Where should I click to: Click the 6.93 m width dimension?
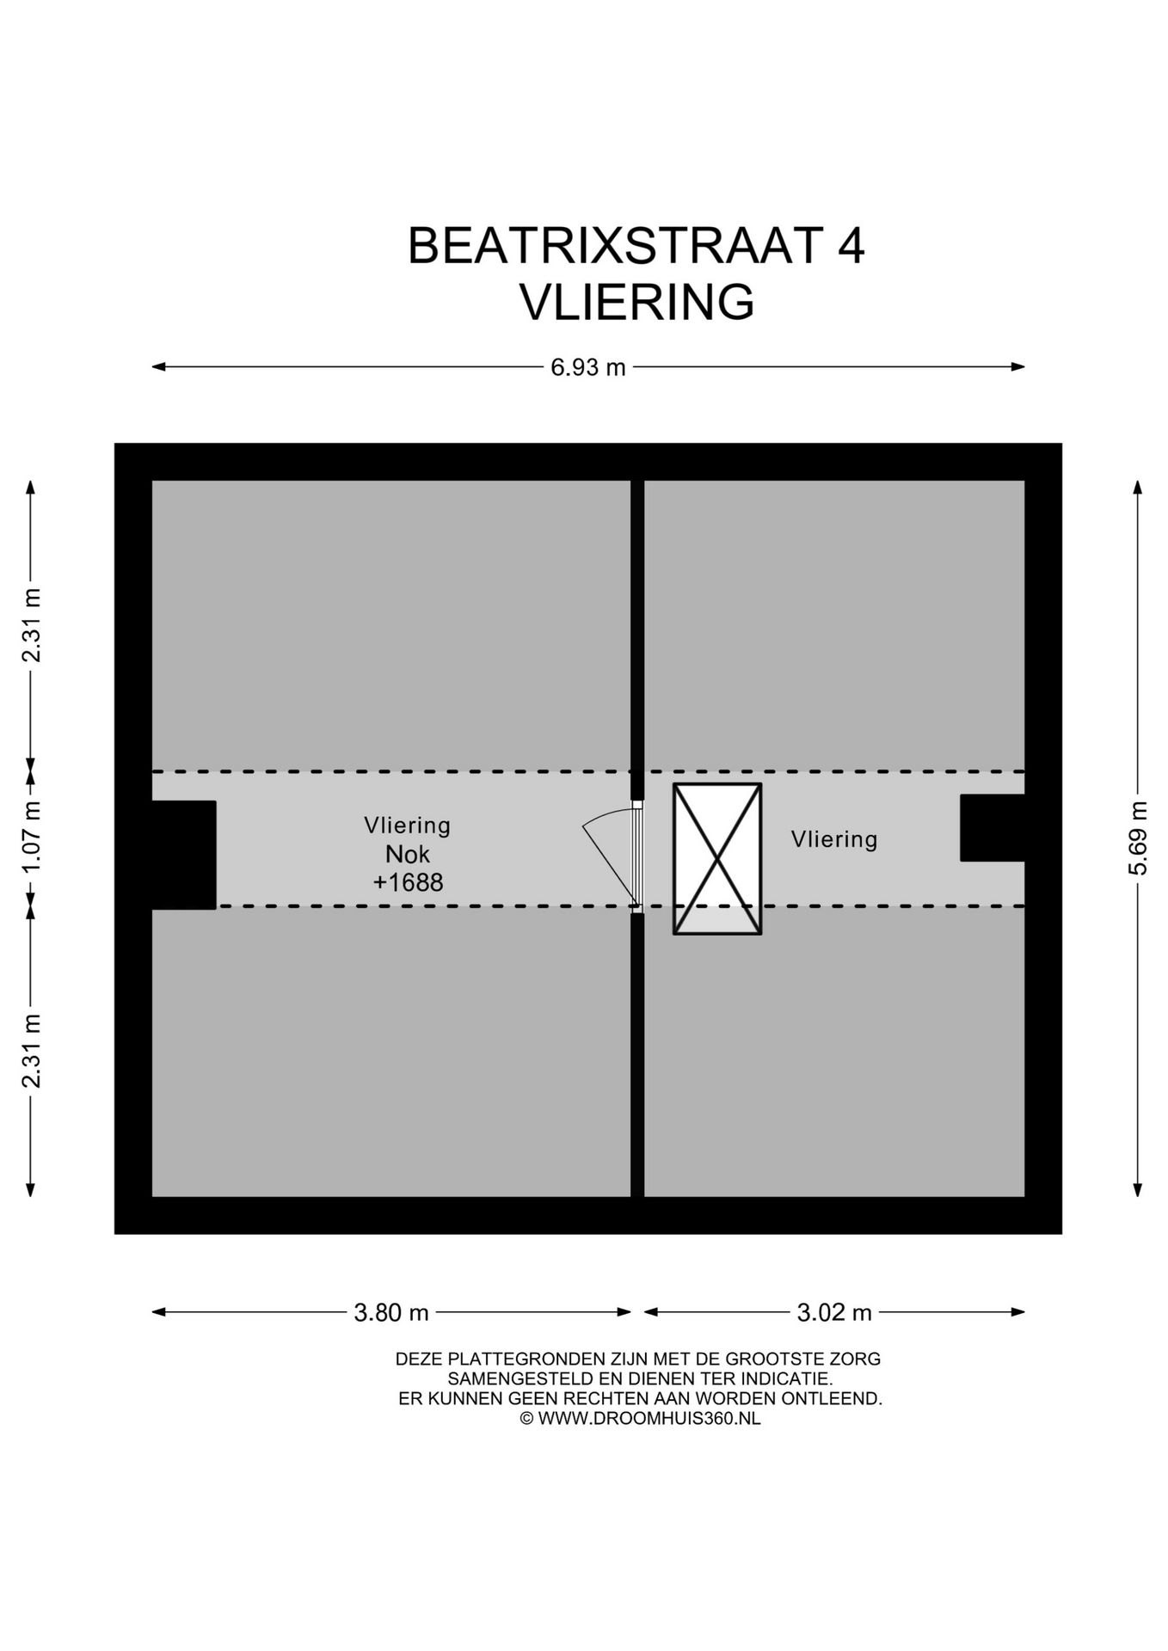pos(588,367)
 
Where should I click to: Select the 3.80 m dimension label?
pos(391,1312)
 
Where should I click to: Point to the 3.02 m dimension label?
pos(834,1312)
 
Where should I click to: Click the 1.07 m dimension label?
pos(32,838)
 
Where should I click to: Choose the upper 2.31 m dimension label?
pos(32,625)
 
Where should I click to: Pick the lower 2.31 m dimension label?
pos(32,1051)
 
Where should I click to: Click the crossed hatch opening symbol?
pos(717,858)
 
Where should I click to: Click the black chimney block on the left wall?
pos(183,855)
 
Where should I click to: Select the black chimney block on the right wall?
pos(992,827)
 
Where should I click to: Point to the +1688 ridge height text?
pos(408,882)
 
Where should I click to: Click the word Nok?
pos(408,854)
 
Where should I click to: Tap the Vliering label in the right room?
pos(834,839)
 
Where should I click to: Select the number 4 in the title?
pos(851,246)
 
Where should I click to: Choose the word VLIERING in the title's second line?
pos(636,302)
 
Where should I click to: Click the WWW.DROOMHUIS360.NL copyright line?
pos(640,1419)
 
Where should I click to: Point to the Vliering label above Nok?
pos(408,825)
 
